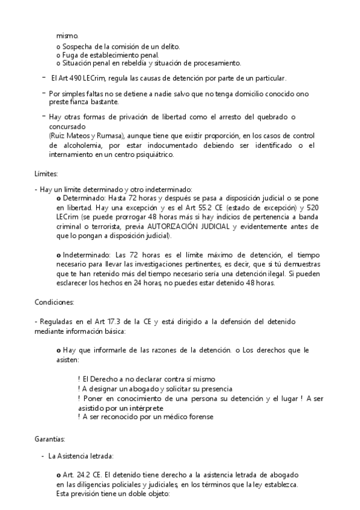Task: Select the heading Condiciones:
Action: click(55, 301)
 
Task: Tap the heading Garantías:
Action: click(50, 439)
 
